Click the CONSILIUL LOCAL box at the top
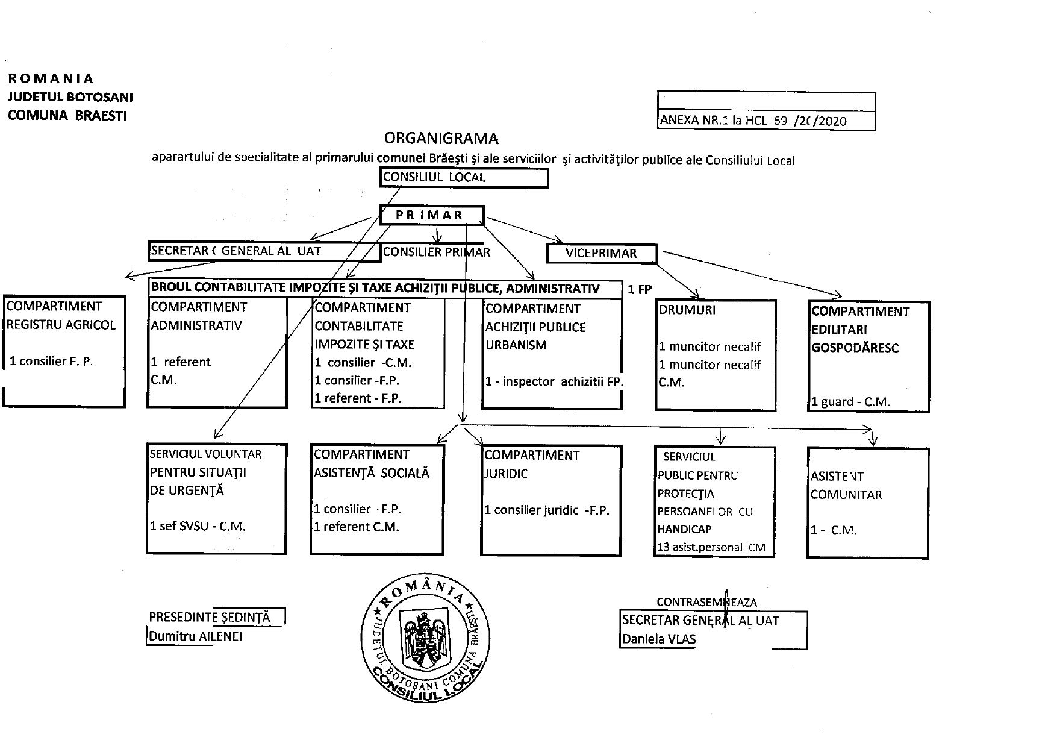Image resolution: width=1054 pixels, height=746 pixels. [x=464, y=178]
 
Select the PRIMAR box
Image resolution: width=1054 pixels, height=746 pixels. [x=432, y=215]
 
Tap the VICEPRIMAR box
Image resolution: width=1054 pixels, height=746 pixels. [x=601, y=253]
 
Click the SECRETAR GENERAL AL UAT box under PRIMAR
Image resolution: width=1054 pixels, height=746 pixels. [x=264, y=251]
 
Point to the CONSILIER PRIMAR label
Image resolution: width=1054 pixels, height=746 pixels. [x=437, y=252]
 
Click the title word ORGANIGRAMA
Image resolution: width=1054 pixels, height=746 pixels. [x=441, y=139]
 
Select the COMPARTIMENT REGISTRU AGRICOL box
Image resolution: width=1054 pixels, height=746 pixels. [x=64, y=351]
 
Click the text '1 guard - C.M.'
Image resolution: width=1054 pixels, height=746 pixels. [x=850, y=402]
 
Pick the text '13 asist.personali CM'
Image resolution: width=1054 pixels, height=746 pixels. [x=711, y=547]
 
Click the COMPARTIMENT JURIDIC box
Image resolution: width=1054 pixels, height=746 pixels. [x=550, y=500]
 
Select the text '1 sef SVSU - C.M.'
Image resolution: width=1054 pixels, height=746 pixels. [x=198, y=526]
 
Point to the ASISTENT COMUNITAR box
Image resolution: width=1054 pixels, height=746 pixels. [x=867, y=503]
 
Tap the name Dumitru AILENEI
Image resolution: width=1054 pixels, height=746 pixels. [x=196, y=636]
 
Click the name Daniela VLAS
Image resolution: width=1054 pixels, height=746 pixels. [x=659, y=639]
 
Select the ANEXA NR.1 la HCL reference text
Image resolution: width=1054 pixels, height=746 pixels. [x=753, y=120]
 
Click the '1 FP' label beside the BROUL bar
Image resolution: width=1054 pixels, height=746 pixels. [x=640, y=290]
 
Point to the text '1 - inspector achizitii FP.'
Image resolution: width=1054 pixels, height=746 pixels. [x=554, y=381]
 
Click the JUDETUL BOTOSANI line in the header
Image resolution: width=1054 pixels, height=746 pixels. [x=70, y=97]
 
